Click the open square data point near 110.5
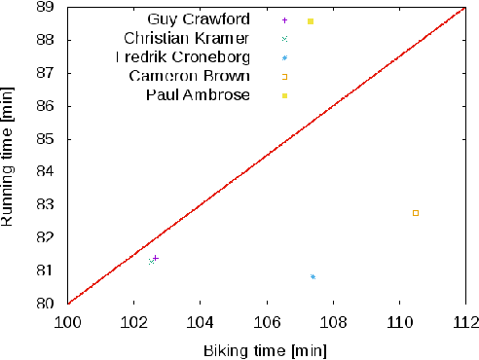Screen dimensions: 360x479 416,213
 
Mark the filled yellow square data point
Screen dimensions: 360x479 311,21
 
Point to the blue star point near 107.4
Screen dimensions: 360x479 313,277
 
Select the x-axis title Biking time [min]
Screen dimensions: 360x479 265,348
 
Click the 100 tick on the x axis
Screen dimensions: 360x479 68,319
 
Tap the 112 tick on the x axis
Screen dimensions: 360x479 465,319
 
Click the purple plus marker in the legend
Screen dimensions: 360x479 284,19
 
